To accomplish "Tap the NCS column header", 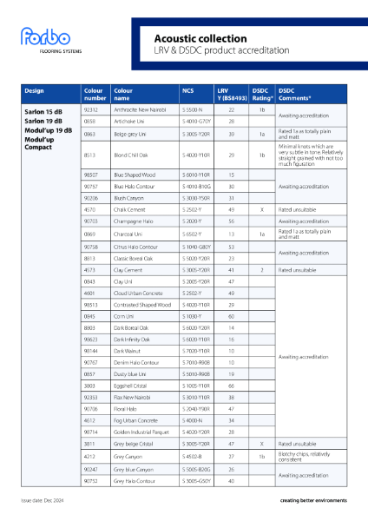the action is pos(188,90).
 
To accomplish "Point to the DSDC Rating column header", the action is pos(260,94).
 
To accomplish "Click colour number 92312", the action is pos(90,110).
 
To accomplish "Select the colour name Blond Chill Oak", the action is pos(135,155).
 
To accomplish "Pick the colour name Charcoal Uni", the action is pos(130,234).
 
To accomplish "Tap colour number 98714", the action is pos(90,432).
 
